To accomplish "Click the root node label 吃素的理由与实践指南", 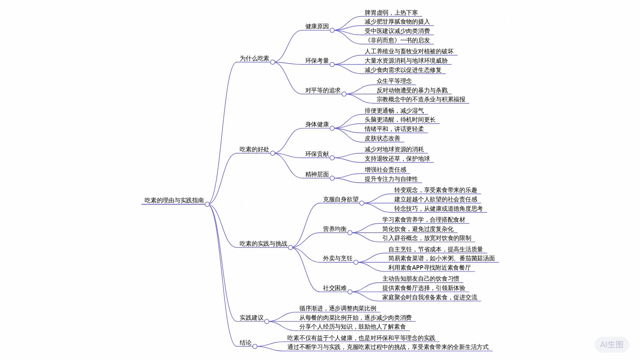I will (174, 200).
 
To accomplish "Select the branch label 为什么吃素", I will (254, 58).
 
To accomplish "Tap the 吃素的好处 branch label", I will (254, 149).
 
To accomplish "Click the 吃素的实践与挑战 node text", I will (263, 244).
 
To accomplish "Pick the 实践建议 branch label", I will (251, 318).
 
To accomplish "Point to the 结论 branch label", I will (245, 343).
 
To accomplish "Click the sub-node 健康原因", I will (317, 26).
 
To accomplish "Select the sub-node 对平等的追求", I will (323, 90).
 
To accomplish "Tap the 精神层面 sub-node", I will (317, 174).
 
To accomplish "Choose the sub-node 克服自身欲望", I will (340, 199).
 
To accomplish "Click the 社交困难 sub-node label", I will (334, 288).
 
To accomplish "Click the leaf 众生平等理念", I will (394, 81).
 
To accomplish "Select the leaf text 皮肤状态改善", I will (382, 138).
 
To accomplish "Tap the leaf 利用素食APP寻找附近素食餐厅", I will (429, 268).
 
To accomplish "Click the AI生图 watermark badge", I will (611, 344).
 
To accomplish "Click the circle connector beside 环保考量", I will (332, 64).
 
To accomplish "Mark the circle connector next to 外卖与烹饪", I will (356, 262).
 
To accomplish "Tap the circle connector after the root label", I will (207, 204).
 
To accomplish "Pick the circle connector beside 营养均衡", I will (350, 233).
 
